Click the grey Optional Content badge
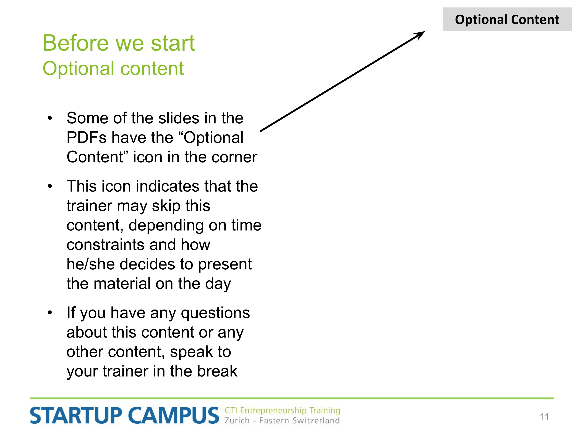pos(507,19)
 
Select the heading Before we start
pos(119,43)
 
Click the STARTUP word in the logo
pos(76,416)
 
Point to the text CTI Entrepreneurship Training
pos(282,411)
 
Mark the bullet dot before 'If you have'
pos(50,313)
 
